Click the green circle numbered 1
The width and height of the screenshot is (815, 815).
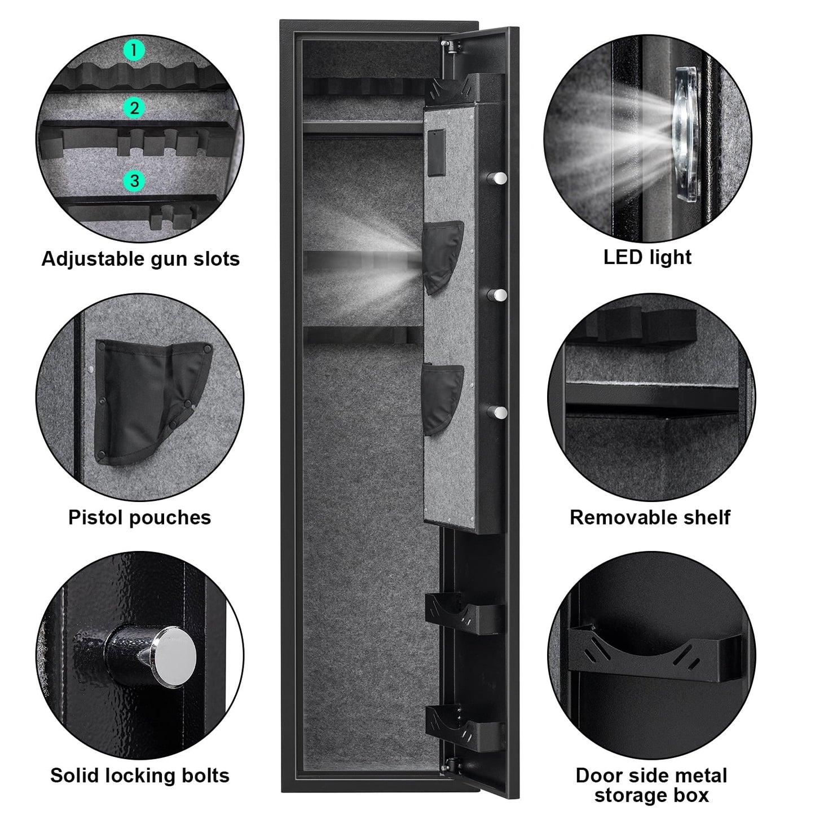(134, 51)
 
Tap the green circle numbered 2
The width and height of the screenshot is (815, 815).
(134, 108)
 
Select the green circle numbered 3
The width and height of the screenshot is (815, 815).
(134, 181)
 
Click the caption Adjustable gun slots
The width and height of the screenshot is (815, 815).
(140, 259)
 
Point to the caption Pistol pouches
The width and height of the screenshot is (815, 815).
(140, 517)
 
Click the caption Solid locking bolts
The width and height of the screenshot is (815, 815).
(140, 776)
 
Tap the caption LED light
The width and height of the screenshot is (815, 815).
(647, 257)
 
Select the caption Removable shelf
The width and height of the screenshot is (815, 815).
(650, 517)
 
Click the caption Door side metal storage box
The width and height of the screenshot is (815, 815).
(651, 785)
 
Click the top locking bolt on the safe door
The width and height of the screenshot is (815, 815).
(498, 178)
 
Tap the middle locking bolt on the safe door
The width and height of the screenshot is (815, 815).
(498, 295)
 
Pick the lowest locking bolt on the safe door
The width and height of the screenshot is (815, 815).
(498, 412)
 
